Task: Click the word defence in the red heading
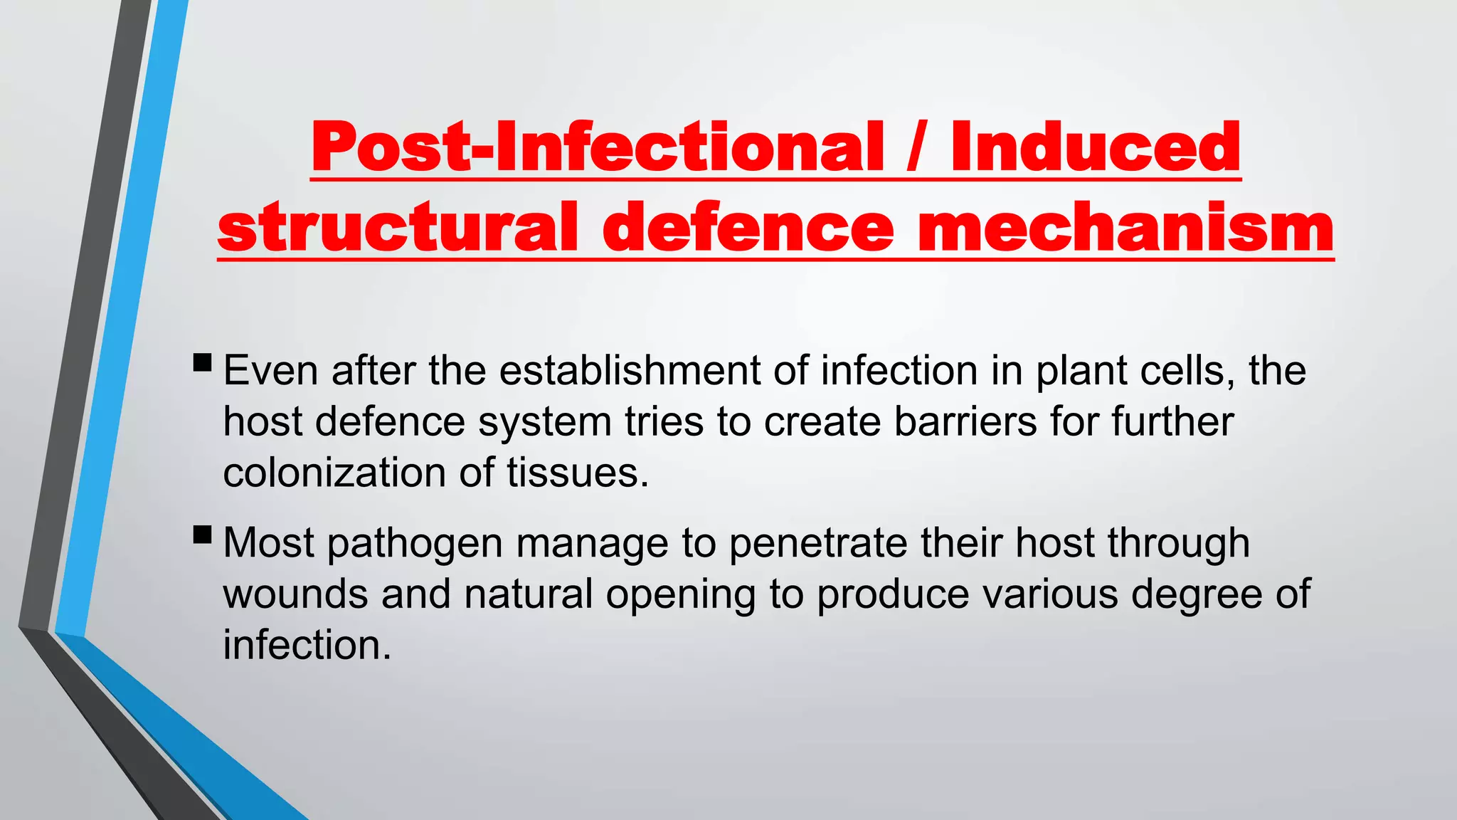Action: [x=747, y=228]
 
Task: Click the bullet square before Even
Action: [x=202, y=363]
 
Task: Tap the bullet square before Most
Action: [x=202, y=535]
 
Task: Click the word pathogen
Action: [x=415, y=545]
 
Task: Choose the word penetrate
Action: [x=818, y=543]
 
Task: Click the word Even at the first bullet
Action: [x=270, y=371]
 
